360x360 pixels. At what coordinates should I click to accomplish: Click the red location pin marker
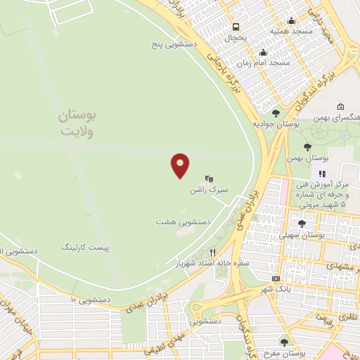pos(181,165)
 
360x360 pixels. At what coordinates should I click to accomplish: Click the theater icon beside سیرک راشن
pos(209,179)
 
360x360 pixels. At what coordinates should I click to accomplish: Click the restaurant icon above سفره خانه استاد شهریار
pos(212,252)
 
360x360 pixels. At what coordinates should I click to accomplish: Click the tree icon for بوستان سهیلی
pos(302,224)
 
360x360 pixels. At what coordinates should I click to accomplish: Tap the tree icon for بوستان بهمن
pos(307,146)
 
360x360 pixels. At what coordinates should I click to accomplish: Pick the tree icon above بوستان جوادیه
pos(275,112)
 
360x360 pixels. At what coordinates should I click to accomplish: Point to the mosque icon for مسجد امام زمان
pos(264,52)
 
